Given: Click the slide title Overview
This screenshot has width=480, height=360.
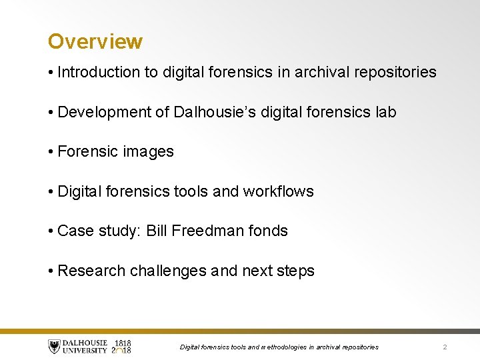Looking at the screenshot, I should click(x=95, y=41).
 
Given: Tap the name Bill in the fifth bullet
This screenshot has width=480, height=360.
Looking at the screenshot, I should click(x=156, y=231).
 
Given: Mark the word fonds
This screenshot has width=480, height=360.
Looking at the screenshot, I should click(x=268, y=231).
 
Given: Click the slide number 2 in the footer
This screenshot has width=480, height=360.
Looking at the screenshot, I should click(x=445, y=347).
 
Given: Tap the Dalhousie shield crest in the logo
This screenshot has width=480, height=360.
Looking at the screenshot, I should click(x=54, y=347).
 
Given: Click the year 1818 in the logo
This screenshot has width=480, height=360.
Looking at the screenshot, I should click(x=122, y=343).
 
